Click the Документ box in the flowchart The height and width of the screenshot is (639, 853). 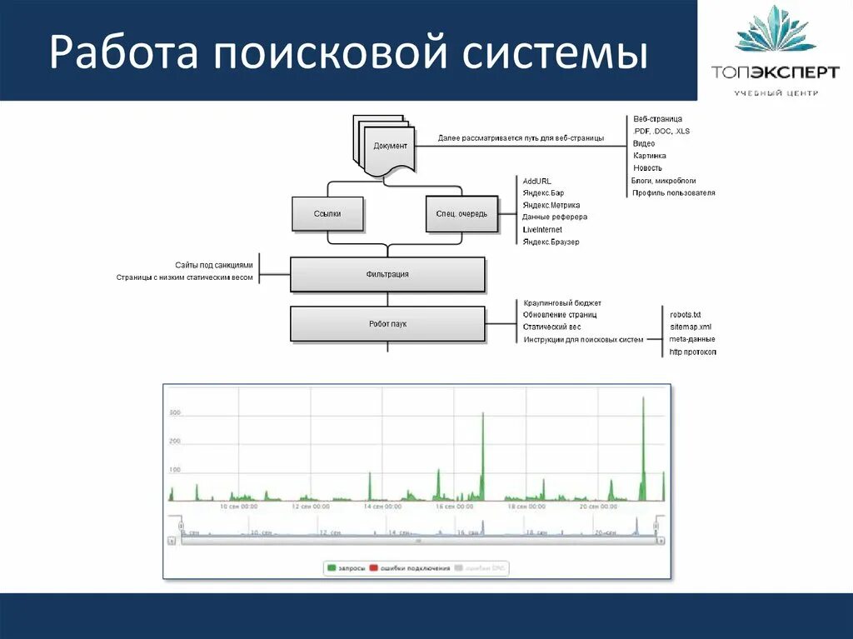[389, 147]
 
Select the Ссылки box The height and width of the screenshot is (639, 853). [327, 214]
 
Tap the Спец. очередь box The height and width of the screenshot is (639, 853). [461, 214]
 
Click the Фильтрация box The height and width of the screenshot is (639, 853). [387, 274]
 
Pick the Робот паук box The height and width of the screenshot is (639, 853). [387, 324]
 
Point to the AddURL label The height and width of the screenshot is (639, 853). [537, 181]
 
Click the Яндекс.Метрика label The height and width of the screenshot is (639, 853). [551, 205]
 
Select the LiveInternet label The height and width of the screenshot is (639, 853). [542, 229]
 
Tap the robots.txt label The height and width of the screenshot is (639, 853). [686, 314]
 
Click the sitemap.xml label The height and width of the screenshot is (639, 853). [691, 327]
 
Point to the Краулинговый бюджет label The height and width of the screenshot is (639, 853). [562, 302]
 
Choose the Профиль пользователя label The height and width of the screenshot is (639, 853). [674, 192]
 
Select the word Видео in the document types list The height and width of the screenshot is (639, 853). [644, 143]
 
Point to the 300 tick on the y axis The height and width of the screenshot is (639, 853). [175, 413]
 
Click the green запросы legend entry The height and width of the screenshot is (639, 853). [345, 568]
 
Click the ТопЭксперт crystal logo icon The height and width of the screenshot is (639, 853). [775, 31]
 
